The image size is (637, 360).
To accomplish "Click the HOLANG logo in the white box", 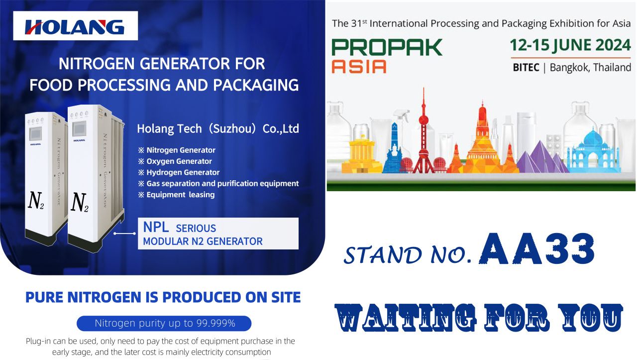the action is pyautogui.click(x=75, y=27).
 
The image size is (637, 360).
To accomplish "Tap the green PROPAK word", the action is pyautogui.click(x=387, y=47).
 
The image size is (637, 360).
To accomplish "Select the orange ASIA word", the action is pyautogui.click(x=359, y=67).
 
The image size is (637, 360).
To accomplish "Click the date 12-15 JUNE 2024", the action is pyautogui.click(x=570, y=45).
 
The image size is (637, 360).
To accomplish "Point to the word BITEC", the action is pyautogui.click(x=526, y=67).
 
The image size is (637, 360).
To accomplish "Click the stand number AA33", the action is pyautogui.click(x=537, y=248).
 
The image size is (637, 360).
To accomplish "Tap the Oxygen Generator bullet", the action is pyautogui.click(x=175, y=161).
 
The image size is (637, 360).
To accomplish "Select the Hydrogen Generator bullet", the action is pyautogui.click(x=179, y=172).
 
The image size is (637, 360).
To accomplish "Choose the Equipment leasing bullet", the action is pyautogui.click(x=176, y=195).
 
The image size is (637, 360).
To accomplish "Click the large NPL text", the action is pyautogui.click(x=156, y=227).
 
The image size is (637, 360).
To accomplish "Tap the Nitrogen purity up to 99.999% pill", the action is pyautogui.click(x=164, y=323).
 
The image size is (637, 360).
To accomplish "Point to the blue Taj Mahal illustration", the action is pyautogui.click(x=594, y=151).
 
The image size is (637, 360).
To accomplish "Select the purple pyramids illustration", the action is pyautogui.click(x=542, y=158).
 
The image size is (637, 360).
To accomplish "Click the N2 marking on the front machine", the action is pyautogui.click(x=79, y=202).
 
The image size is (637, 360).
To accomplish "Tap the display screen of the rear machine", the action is pyautogui.click(x=35, y=133).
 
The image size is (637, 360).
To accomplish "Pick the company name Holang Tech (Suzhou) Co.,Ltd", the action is pyautogui.click(x=218, y=128).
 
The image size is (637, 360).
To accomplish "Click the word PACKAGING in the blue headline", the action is pyautogui.click(x=256, y=85).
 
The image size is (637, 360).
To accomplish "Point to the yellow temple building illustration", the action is pyautogui.click(x=362, y=155).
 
